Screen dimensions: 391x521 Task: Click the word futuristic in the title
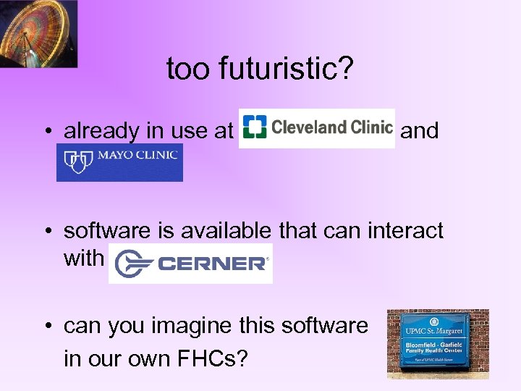281,69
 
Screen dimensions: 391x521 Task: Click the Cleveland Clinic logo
317,128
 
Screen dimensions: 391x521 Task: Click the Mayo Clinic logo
119,162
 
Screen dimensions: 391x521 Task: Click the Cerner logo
190,261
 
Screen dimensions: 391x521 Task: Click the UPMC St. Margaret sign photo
438,344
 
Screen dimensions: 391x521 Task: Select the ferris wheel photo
38,33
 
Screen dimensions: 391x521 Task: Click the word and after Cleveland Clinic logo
420,131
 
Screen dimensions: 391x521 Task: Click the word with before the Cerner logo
84,258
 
